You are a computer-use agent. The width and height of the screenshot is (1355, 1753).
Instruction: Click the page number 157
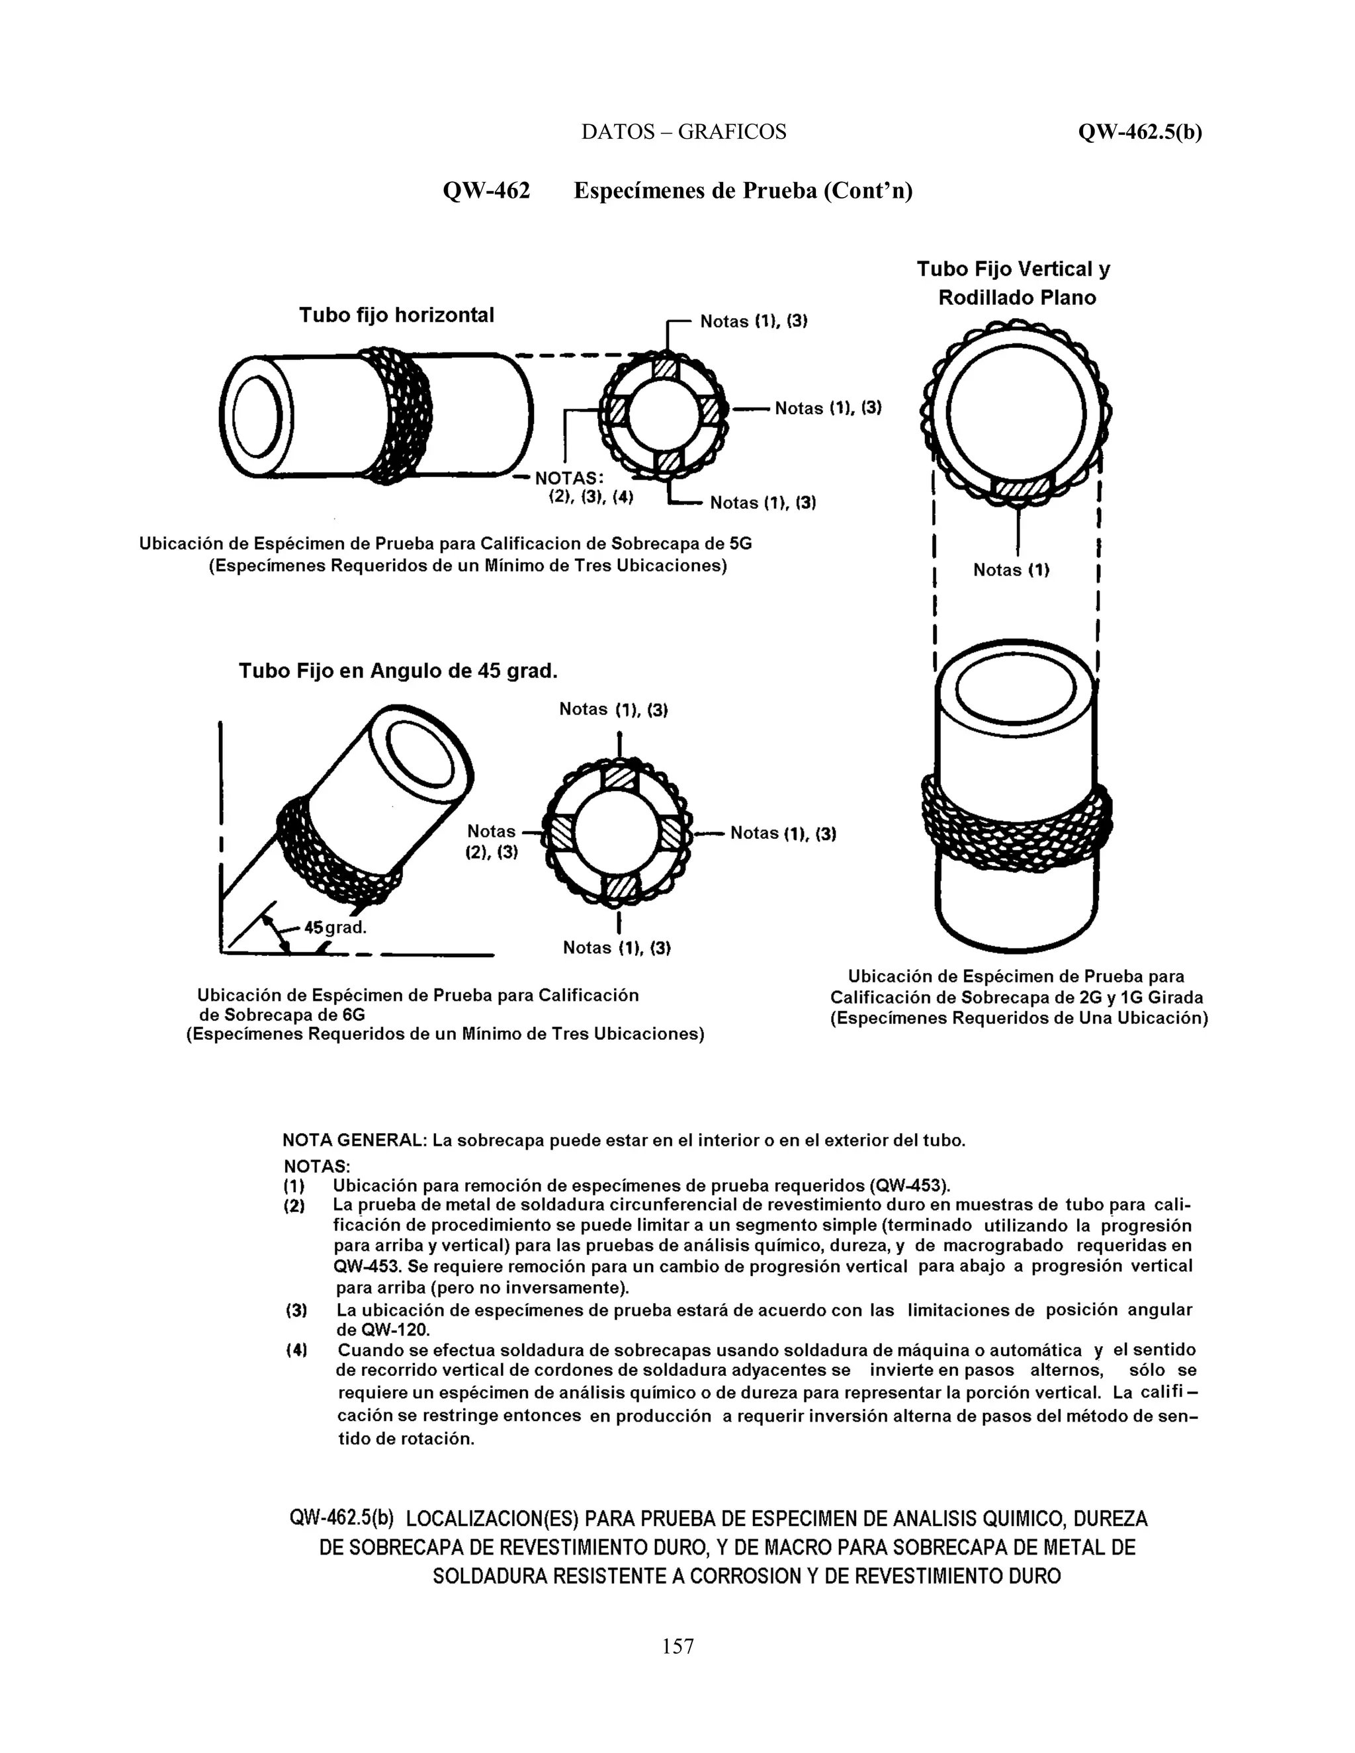tap(677, 1646)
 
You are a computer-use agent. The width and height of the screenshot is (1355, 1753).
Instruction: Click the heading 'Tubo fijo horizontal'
tap(396, 315)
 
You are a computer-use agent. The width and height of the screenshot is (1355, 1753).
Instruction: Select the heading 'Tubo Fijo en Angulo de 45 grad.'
tap(398, 670)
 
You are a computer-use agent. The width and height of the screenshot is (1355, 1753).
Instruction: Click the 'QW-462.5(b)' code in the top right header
tap(1140, 132)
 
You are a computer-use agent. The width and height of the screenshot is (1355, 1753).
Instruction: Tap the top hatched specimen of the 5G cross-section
tap(666, 368)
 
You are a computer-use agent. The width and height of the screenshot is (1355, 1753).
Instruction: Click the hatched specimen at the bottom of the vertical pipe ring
tap(1020, 490)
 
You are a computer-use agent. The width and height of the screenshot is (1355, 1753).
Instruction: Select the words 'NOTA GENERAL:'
tap(354, 1140)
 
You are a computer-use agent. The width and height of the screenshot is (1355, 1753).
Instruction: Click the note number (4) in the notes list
tap(296, 1350)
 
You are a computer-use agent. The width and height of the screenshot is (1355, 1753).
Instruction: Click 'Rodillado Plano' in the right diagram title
tap(1017, 298)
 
